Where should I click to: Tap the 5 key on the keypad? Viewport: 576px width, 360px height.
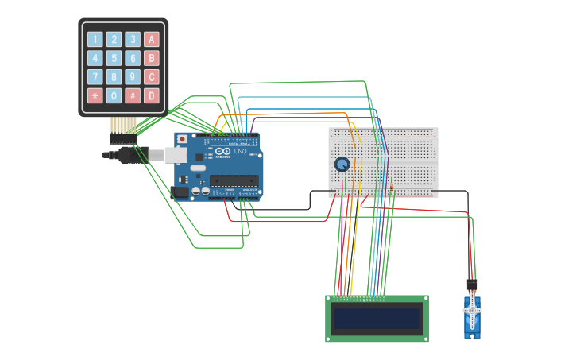(x=114, y=58)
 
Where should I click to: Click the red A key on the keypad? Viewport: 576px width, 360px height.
(x=152, y=39)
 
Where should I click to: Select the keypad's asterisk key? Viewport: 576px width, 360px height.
(x=95, y=96)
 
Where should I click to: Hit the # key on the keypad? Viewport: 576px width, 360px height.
(x=133, y=96)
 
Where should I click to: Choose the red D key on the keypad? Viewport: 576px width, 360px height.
(x=152, y=96)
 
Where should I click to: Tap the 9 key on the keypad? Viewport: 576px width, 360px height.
(x=133, y=77)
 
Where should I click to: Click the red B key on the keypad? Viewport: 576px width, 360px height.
(x=152, y=58)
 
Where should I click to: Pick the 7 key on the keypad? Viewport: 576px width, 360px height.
(x=95, y=77)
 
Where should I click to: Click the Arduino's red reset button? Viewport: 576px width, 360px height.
(x=183, y=139)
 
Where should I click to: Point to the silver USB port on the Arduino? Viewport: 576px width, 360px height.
(x=176, y=155)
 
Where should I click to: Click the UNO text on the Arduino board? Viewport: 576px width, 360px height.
(x=239, y=151)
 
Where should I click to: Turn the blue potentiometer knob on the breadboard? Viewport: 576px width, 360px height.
(x=342, y=165)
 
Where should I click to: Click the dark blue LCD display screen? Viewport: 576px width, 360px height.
(x=377, y=319)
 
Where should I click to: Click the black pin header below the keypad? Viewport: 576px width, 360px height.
(x=123, y=138)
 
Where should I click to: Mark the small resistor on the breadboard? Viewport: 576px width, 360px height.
(x=392, y=188)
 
